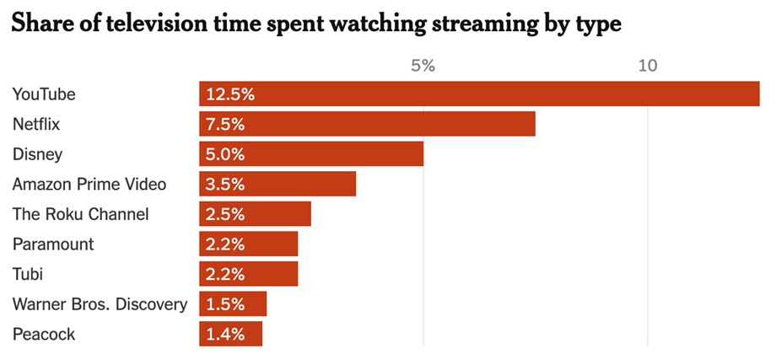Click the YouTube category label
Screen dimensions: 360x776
(x=44, y=94)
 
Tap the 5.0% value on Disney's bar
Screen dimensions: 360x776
(x=225, y=154)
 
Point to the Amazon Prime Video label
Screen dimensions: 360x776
(x=89, y=185)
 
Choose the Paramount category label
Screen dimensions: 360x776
(x=53, y=244)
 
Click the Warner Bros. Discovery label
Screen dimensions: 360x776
(x=100, y=304)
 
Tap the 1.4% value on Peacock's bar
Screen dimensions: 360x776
(x=225, y=335)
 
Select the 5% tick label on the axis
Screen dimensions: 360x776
(x=423, y=66)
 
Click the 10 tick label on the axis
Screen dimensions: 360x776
(x=647, y=66)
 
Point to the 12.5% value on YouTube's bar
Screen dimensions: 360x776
(x=229, y=94)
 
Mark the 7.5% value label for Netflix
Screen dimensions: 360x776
(x=225, y=125)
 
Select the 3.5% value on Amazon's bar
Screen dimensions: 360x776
(x=225, y=185)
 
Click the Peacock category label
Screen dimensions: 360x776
(x=44, y=335)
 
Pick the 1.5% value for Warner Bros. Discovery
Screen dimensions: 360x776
(x=225, y=304)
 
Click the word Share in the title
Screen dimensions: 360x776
(x=41, y=24)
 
